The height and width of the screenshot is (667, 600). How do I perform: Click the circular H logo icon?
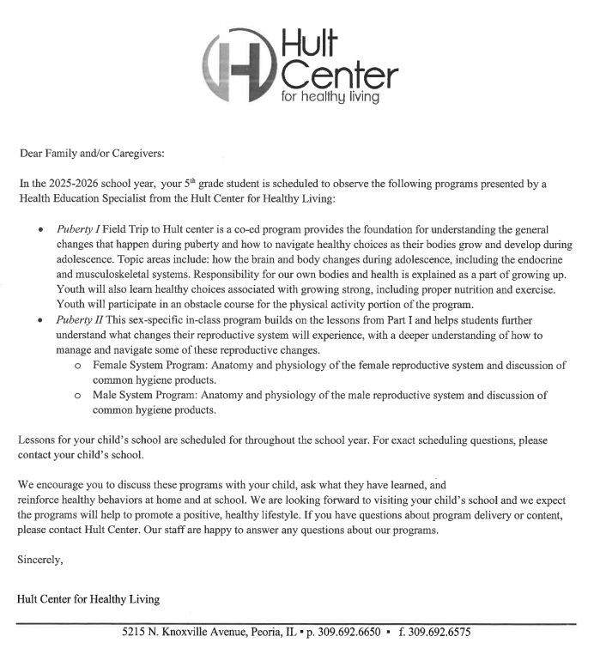click(x=237, y=62)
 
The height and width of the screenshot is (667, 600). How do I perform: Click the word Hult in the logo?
click(x=310, y=38)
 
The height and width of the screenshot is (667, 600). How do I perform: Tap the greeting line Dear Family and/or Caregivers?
click(x=91, y=155)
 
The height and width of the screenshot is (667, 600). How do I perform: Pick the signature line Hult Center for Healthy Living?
click(x=88, y=598)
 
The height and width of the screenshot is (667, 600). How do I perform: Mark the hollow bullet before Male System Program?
click(x=77, y=397)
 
